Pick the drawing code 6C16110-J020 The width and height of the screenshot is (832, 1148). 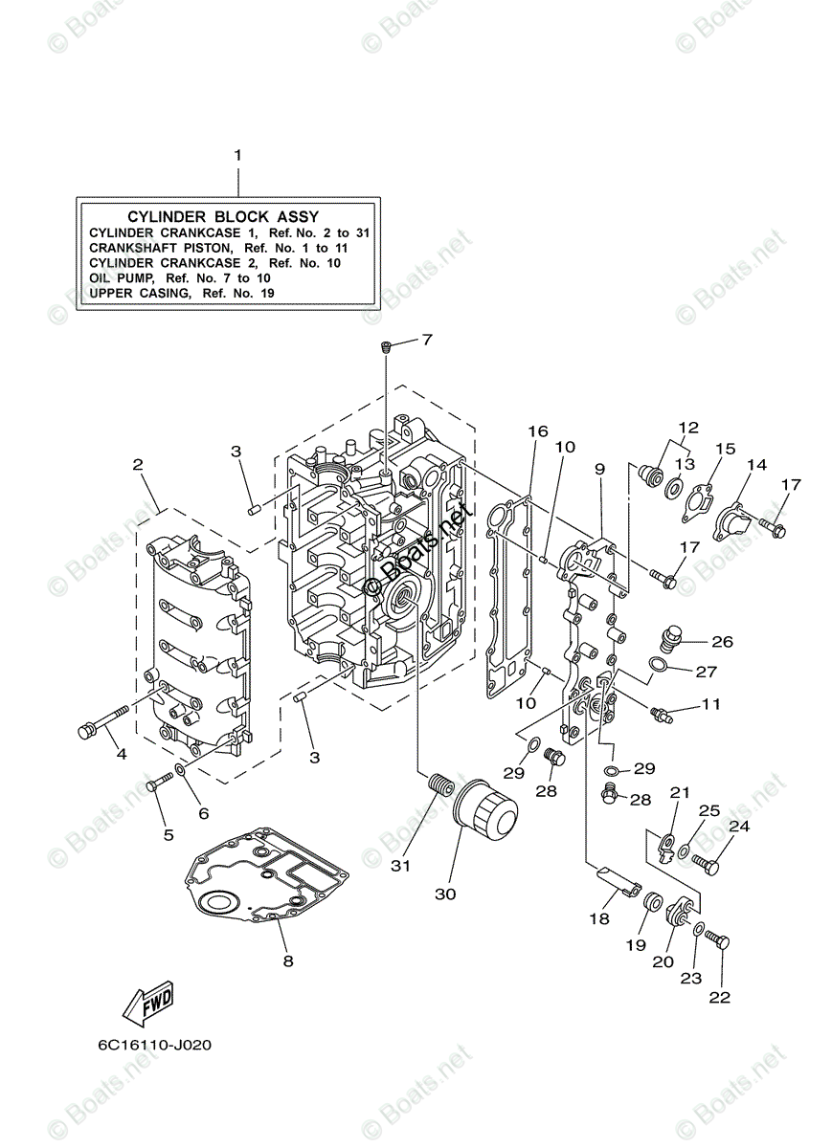point(154,1045)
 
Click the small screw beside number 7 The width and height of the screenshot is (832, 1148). point(385,348)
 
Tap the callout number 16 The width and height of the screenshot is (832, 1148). point(537,431)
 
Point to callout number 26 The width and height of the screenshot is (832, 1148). point(722,641)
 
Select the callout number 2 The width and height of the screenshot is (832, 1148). point(138,465)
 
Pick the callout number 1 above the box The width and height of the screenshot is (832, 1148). point(238,154)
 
